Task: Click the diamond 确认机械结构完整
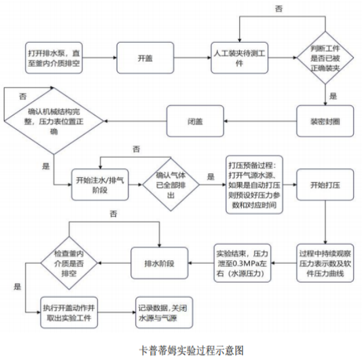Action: coord(52,120)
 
